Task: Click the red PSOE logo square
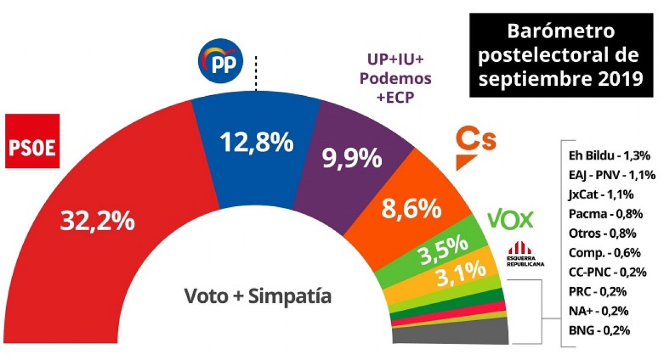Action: pos(32,141)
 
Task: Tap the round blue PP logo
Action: pos(221,61)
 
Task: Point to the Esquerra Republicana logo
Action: pos(525,254)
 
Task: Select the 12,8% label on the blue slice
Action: pos(256,143)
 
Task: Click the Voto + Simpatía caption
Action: pos(257,296)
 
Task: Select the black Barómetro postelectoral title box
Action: pos(561,55)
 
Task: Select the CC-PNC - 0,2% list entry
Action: pos(608,272)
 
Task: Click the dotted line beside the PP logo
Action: pos(256,72)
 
